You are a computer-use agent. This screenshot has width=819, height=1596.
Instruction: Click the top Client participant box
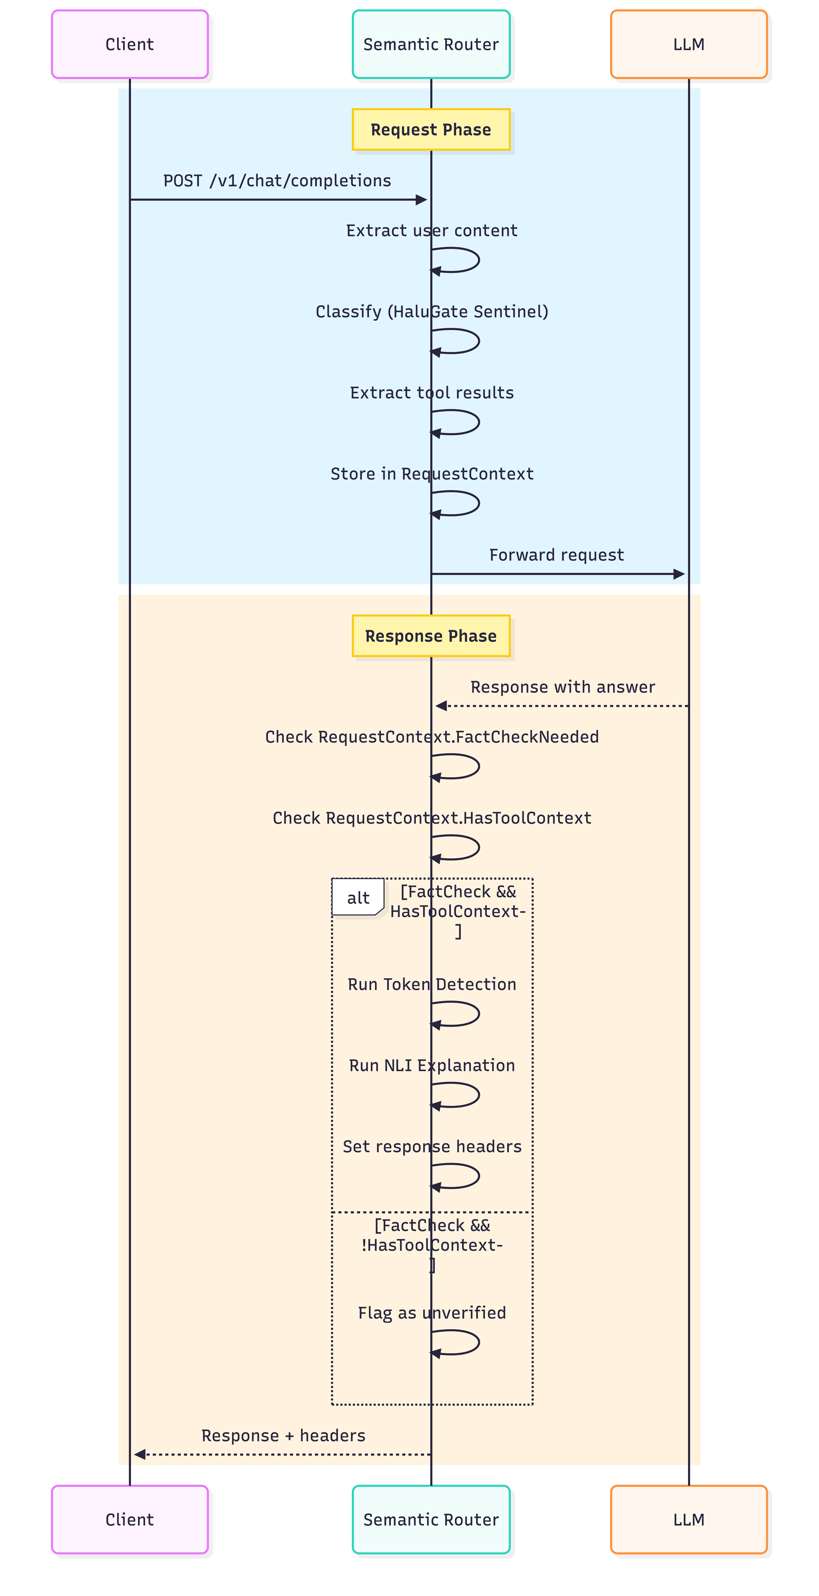tap(130, 44)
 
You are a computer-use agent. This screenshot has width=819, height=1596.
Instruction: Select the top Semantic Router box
tap(430, 44)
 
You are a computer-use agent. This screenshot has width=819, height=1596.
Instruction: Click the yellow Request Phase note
tap(430, 130)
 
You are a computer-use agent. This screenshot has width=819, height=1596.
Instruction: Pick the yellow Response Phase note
tap(430, 636)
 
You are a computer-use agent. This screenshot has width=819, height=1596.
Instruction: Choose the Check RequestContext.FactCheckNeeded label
tap(432, 737)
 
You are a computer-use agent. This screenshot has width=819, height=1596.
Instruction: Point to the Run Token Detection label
tap(432, 984)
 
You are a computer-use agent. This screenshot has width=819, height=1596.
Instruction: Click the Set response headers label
tap(432, 1146)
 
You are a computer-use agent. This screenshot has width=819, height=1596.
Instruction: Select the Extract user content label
tap(432, 230)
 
